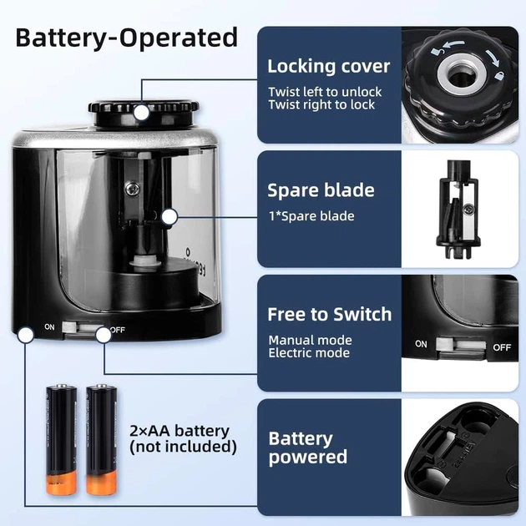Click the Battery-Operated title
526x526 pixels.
[127, 38]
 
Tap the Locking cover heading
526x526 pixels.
[329, 66]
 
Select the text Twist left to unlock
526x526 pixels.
[325, 92]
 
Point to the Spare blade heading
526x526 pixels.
[321, 190]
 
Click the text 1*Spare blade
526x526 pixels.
[311, 216]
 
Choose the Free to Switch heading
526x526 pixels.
[330, 315]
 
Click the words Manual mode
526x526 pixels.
[311, 340]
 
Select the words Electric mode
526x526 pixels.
[309, 353]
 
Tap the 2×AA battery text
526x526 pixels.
[180, 431]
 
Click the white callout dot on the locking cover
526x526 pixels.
[141, 113]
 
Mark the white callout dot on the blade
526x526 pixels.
[169, 217]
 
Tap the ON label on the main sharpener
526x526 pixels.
[49, 326]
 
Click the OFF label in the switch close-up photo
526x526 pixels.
[502, 347]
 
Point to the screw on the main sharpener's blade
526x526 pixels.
[133, 189]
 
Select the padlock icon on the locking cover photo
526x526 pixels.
[500, 75]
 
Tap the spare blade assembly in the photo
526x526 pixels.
[458, 210]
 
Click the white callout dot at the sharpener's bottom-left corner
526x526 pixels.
[26, 335]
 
